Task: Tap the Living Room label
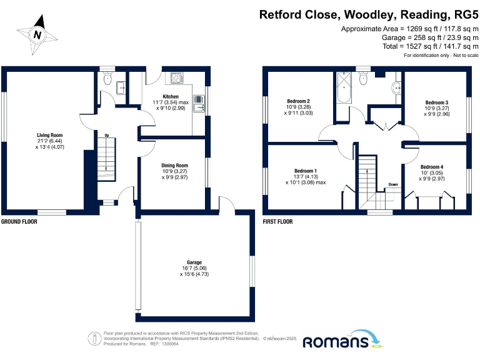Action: (x=49, y=134)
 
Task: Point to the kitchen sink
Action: (x=199, y=104)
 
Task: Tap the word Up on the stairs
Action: (x=106, y=136)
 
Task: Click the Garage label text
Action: (x=194, y=262)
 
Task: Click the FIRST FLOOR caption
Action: (x=277, y=222)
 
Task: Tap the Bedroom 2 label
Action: (x=299, y=101)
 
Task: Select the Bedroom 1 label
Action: (x=306, y=171)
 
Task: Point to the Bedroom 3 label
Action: (x=437, y=102)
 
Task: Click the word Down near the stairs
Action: (x=392, y=184)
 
